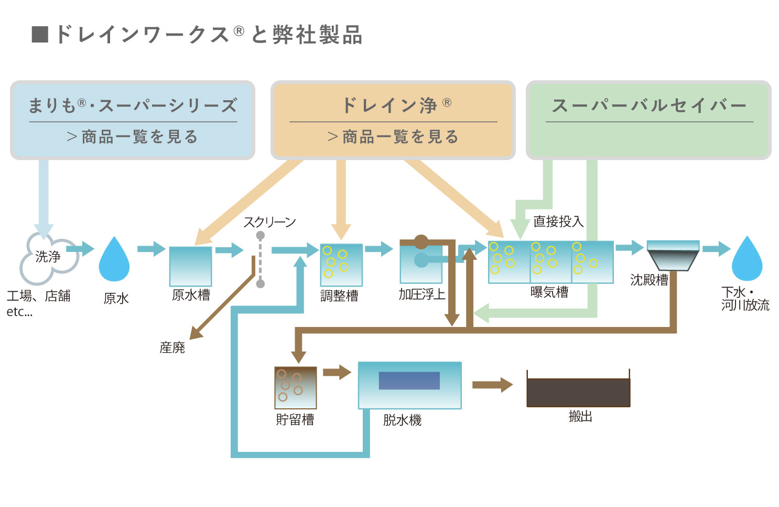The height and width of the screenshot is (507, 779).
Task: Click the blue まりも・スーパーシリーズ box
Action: (x=133, y=120)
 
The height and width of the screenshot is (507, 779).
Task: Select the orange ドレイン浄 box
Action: (x=393, y=120)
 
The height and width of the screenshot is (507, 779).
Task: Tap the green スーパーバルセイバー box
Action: (x=648, y=120)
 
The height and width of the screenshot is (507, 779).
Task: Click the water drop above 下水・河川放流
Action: (x=746, y=260)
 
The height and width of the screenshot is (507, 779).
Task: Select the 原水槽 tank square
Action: (x=190, y=266)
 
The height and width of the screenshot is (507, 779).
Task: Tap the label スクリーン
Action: (x=269, y=222)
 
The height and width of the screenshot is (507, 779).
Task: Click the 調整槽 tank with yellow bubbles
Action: (x=341, y=265)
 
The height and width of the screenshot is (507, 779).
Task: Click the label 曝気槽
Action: (x=549, y=292)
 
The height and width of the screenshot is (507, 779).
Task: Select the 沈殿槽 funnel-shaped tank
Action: (x=673, y=255)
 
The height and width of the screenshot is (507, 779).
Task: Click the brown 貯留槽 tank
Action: (x=296, y=387)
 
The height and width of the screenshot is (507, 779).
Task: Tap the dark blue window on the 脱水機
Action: (x=409, y=381)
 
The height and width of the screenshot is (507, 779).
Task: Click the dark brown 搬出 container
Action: (x=578, y=392)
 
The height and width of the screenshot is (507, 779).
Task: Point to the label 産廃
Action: (x=172, y=347)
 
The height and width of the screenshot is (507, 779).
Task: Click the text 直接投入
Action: (x=558, y=221)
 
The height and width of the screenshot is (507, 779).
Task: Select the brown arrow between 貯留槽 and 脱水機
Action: (x=337, y=373)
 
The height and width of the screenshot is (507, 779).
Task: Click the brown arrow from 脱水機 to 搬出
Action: (x=492, y=385)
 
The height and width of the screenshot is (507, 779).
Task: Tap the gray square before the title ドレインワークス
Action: (x=40, y=34)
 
